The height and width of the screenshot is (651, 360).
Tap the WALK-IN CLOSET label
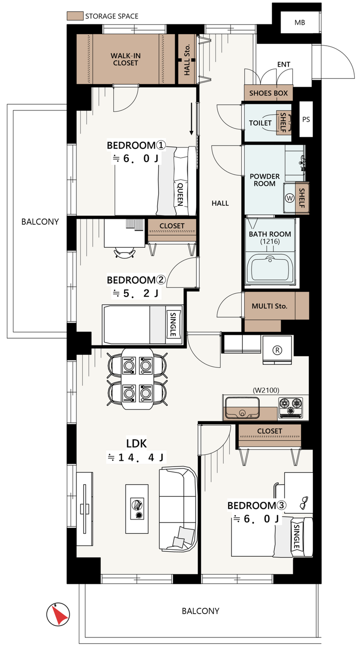tap(126, 59)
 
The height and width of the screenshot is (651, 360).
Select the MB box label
tap(300, 23)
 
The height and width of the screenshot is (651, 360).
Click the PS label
tap(306, 119)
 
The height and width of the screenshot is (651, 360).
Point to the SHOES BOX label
tap(269, 93)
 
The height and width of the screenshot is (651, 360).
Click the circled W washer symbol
tap(289, 198)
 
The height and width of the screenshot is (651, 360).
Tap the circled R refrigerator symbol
tap(277, 350)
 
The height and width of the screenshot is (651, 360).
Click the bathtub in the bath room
tap(270, 269)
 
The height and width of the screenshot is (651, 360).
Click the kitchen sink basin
tap(242, 408)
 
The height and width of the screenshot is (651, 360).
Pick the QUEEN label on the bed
tap(180, 195)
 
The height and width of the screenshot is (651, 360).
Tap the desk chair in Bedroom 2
tap(125, 252)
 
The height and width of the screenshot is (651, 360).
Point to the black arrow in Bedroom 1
tap(191, 119)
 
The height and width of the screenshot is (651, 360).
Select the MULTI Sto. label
tap(270, 306)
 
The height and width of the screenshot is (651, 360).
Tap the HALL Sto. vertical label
tap(187, 60)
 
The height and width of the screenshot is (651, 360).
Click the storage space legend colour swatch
tap(75, 16)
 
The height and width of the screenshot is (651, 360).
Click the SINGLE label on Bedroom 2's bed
tap(173, 325)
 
